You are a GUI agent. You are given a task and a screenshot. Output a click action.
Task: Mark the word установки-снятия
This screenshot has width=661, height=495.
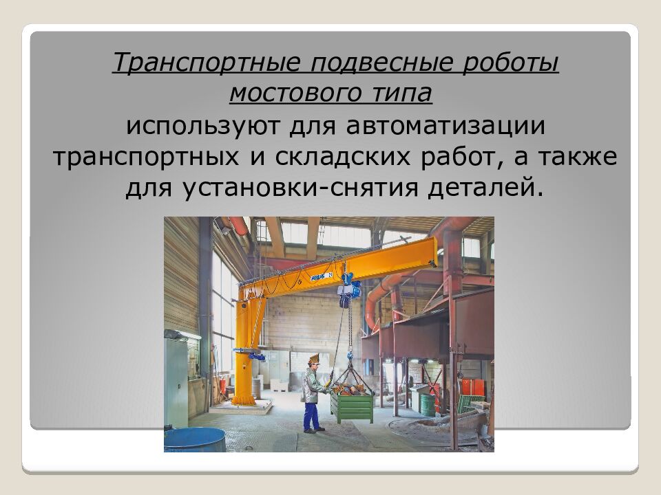(318, 186)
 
